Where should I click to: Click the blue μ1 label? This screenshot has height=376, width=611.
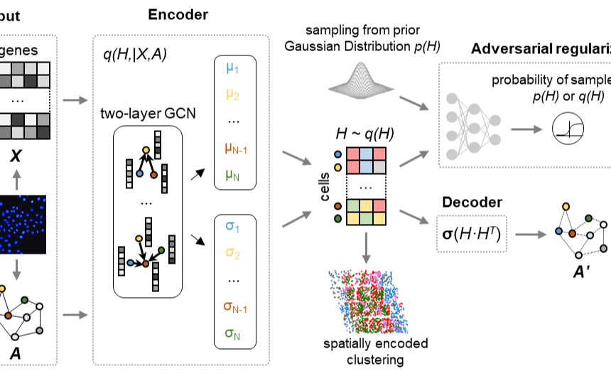coord(232,68)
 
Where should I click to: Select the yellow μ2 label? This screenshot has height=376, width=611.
coord(232,94)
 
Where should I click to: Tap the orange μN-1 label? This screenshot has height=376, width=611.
coord(236,149)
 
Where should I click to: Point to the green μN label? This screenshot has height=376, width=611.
coord(232,174)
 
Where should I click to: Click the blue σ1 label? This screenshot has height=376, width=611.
coord(232,227)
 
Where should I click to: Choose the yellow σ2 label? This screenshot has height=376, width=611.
coord(232,252)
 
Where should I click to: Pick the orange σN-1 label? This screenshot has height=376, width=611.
coord(235,307)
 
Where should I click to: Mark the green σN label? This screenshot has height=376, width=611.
coord(232,333)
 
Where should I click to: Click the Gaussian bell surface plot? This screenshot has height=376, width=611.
coord(361,80)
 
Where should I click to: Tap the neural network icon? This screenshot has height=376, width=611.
coord(472,124)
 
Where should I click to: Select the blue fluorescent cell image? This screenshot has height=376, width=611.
coord(23,225)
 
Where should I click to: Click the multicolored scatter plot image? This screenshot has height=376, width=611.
coord(368,301)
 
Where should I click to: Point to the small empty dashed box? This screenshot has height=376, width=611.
coord(472,234)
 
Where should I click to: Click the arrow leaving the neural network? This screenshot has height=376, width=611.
coord(526,129)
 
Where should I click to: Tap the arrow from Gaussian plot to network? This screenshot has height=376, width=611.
coord(414,103)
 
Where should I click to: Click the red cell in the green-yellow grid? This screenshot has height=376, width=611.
coord(379,206)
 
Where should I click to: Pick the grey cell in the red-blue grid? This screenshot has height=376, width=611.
coord(379,167)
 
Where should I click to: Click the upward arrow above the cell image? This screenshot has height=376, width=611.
coord(16,179)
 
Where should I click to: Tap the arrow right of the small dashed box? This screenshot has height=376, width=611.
coord(531,234)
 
